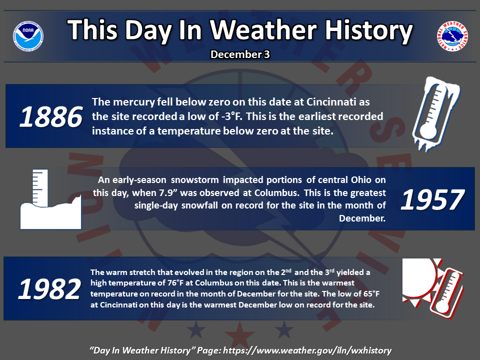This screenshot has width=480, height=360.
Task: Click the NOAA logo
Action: (x=28, y=36)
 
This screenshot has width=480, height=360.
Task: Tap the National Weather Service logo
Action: (x=452, y=36)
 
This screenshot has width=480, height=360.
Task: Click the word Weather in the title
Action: (x=263, y=30)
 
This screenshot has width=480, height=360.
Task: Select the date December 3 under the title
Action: (x=240, y=54)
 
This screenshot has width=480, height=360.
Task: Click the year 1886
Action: (x=51, y=116)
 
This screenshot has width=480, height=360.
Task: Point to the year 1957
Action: (x=432, y=199)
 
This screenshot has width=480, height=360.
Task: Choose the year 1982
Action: (x=49, y=289)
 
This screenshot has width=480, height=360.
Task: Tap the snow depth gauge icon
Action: (x=51, y=199)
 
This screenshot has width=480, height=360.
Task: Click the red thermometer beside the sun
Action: (x=447, y=293)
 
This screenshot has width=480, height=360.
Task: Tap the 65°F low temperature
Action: (x=371, y=294)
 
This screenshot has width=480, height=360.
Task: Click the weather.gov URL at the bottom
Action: (x=307, y=350)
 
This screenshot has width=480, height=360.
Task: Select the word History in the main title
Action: (x=368, y=30)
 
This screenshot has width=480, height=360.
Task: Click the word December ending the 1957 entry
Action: (x=362, y=218)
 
